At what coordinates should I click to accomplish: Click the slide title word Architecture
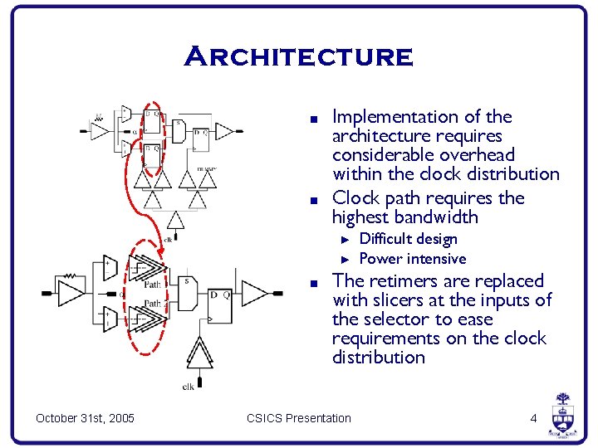click(x=298, y=57)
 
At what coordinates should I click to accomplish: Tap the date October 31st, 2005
click(x=86, y=418)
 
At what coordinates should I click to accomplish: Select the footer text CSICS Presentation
click(x=298, y=418)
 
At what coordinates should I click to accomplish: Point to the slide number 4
click(x=534, y=418)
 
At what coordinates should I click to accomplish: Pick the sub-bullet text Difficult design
click(x=408, y=239)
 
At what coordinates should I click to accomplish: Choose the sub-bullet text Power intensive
click(x=412, y=259)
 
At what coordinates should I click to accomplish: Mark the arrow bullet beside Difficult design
click(x=347, y=239)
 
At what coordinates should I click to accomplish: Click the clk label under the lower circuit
click(x=189, y=386)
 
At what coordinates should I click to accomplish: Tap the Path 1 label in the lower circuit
click(x=153, y=285)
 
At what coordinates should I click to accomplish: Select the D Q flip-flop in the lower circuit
click(x=220, y=304)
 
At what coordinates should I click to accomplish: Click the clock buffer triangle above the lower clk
click(x=199, y=354)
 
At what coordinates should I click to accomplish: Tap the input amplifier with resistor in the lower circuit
click(x=71, y=293)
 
